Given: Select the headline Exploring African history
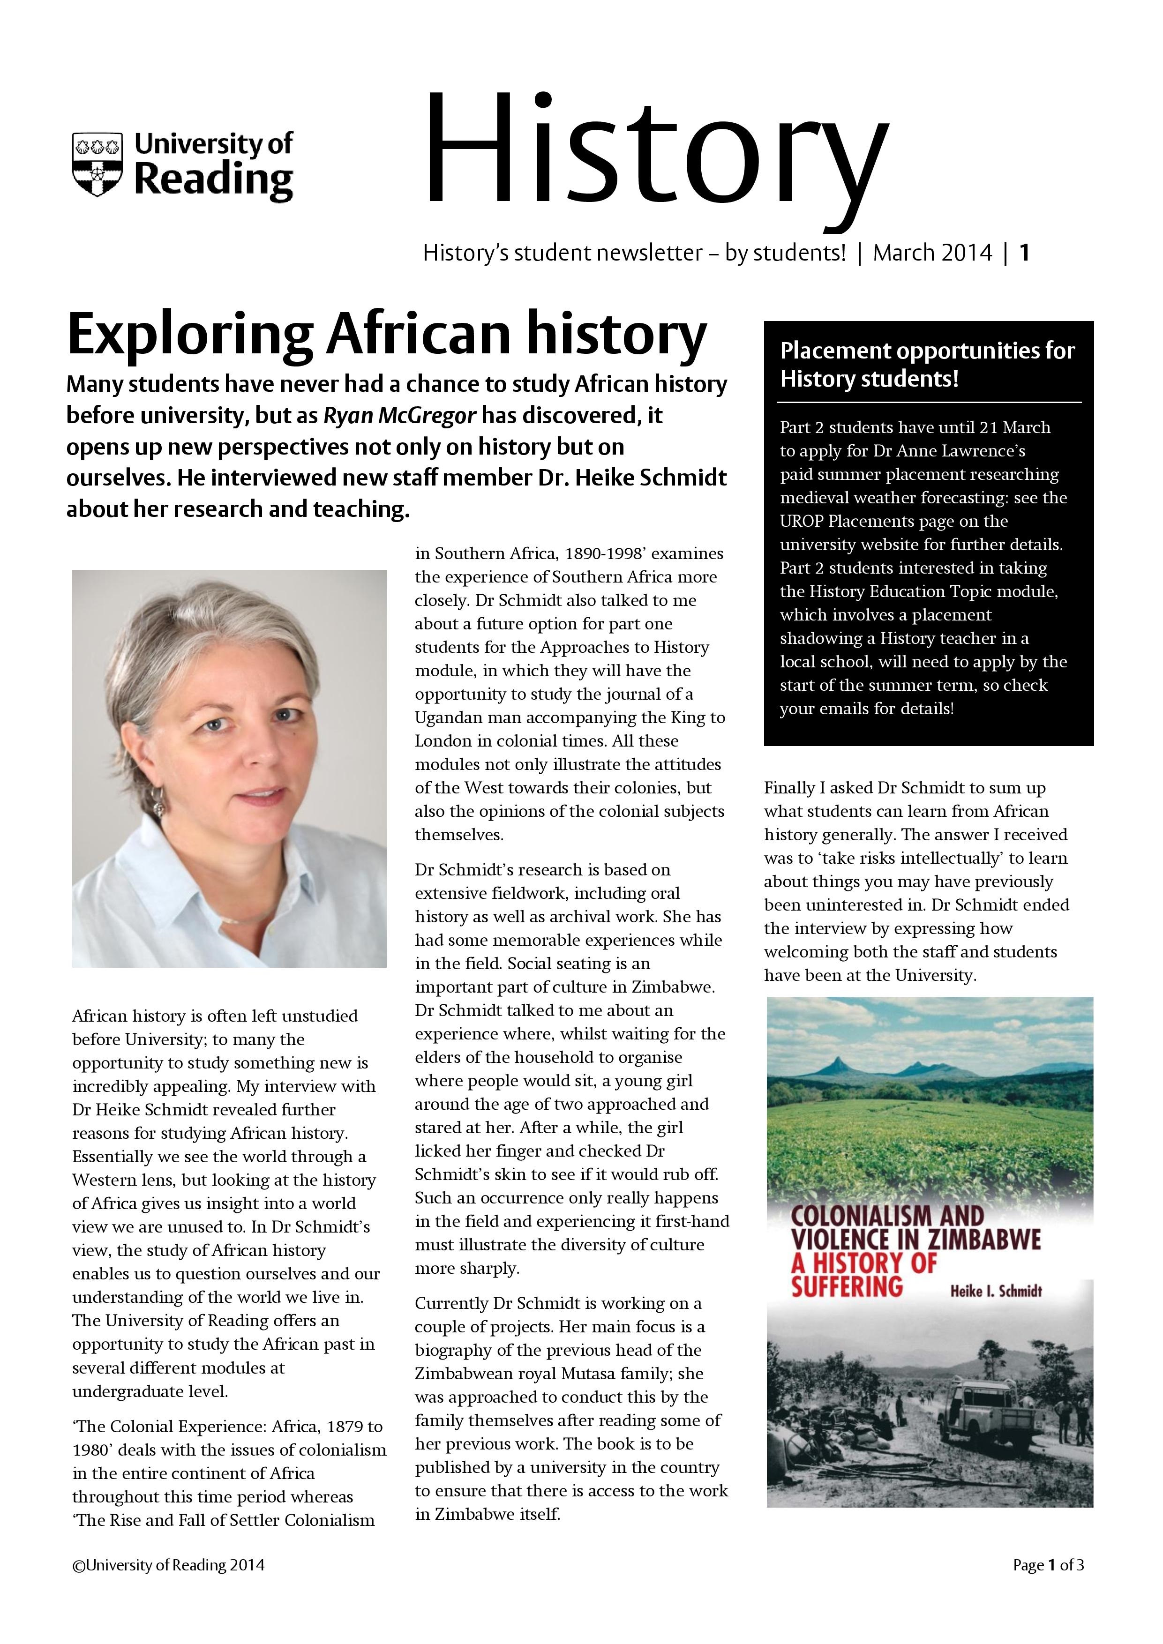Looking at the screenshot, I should click(x=387, y=335).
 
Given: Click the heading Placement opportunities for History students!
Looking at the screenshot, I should click(x=927, y=365).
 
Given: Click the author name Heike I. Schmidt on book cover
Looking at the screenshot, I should click(x=996, y=1291).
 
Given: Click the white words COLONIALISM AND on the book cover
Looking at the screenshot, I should click(x=887, y=1215).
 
